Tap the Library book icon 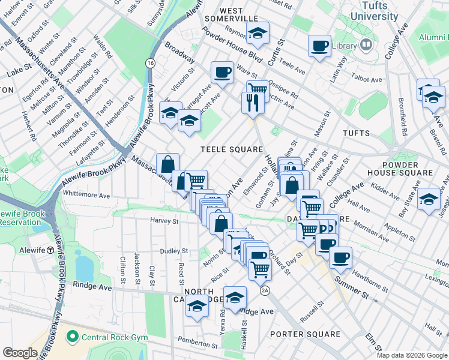[365, 45]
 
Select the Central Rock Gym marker [73, 337]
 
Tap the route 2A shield [265, 290]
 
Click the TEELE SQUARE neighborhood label [232, 149]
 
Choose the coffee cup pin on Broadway [222, 72]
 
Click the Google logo [20, 352]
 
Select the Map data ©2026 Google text [411, 355]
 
